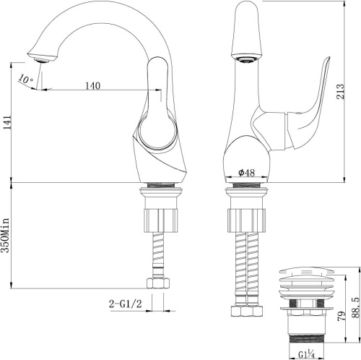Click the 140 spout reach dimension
(92, 86)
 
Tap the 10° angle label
(25, 79)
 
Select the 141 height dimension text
(7, 122)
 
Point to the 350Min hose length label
(5, 235)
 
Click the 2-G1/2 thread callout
(126, 304)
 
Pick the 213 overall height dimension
(341, 91)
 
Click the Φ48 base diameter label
(246, 173)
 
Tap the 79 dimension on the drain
(342, 316)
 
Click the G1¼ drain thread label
(306, 354)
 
